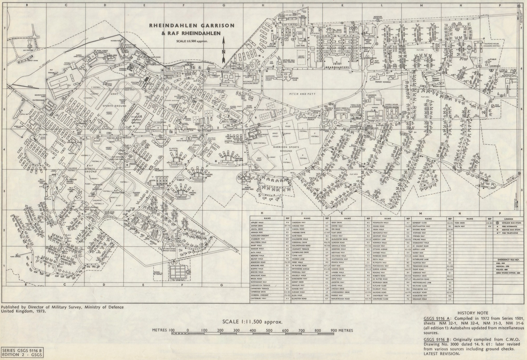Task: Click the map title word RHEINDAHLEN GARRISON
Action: click(192, 26)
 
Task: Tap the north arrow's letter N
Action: click(223, 52)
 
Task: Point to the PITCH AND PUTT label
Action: click(302, 94)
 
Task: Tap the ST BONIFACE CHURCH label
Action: click(310, 119)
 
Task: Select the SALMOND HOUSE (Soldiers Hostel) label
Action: click(492, 45)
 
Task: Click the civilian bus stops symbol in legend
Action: click(498, 223)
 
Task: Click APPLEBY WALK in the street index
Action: click(258, 222)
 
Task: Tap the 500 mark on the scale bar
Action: click(269, 331)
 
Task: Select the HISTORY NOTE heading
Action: click(473, 313)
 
